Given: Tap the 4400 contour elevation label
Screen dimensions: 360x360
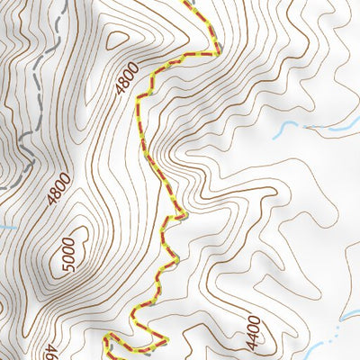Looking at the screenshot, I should click(x=253, y=332).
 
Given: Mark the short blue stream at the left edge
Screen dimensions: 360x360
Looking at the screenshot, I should click(x=5, y=228).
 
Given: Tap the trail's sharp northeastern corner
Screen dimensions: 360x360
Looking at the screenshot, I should click(x=217, y=52).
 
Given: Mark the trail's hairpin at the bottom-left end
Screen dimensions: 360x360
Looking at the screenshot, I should click(x=107, y=339).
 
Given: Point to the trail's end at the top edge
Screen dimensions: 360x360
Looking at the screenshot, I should click(x=192, y=3).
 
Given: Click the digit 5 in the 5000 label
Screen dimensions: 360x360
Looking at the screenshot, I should click(x=67, y=272).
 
